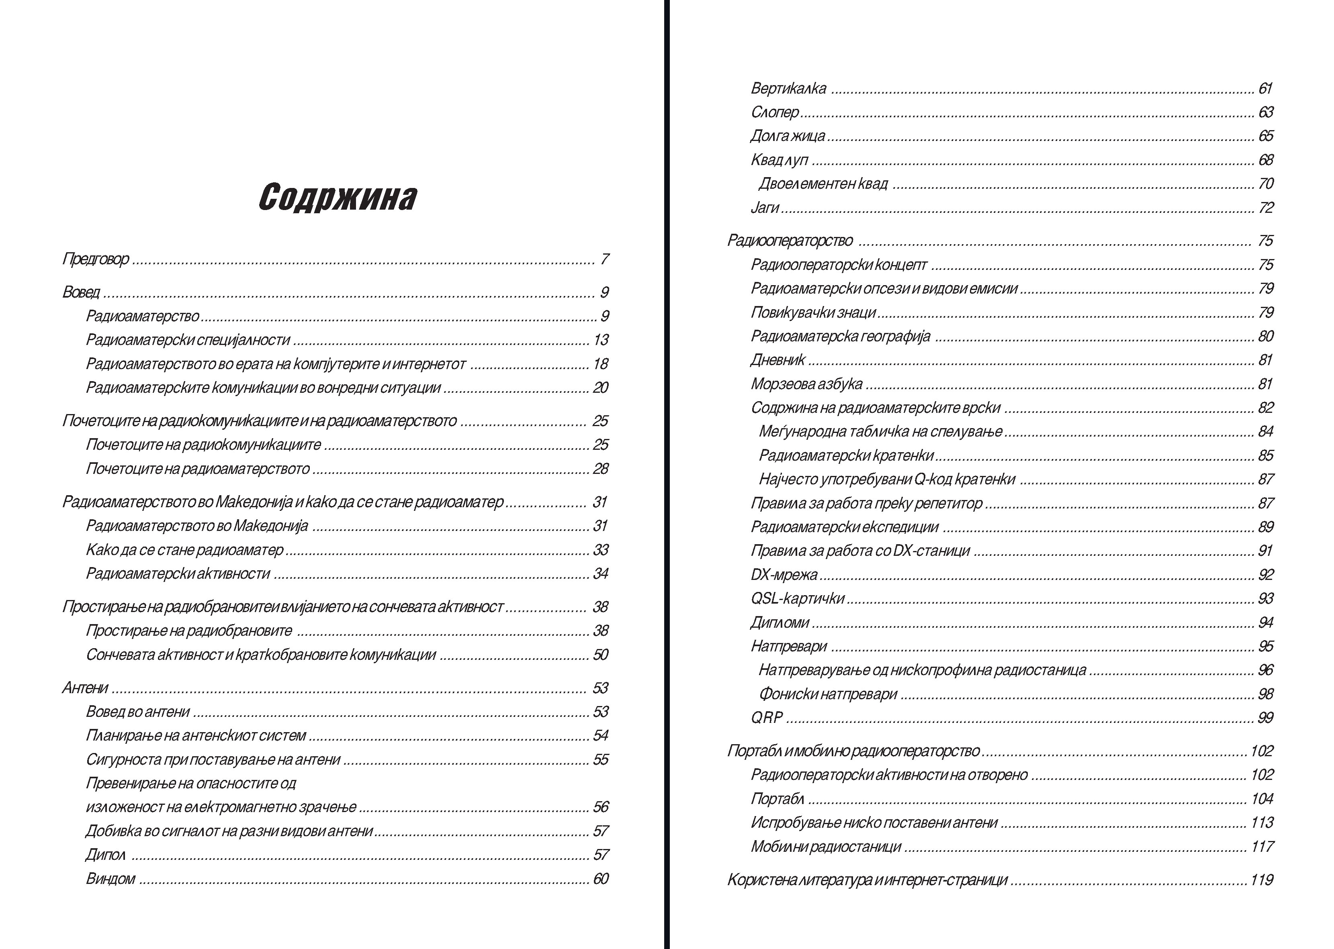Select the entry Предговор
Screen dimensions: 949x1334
(96, 259)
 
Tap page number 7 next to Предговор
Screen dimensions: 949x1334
(604, 259)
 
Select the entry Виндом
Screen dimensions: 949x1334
(110, 879)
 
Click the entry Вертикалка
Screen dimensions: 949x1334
(788, 89)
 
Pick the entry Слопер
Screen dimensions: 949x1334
(775, 112)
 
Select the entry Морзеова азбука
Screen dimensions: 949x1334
(807, 384)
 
